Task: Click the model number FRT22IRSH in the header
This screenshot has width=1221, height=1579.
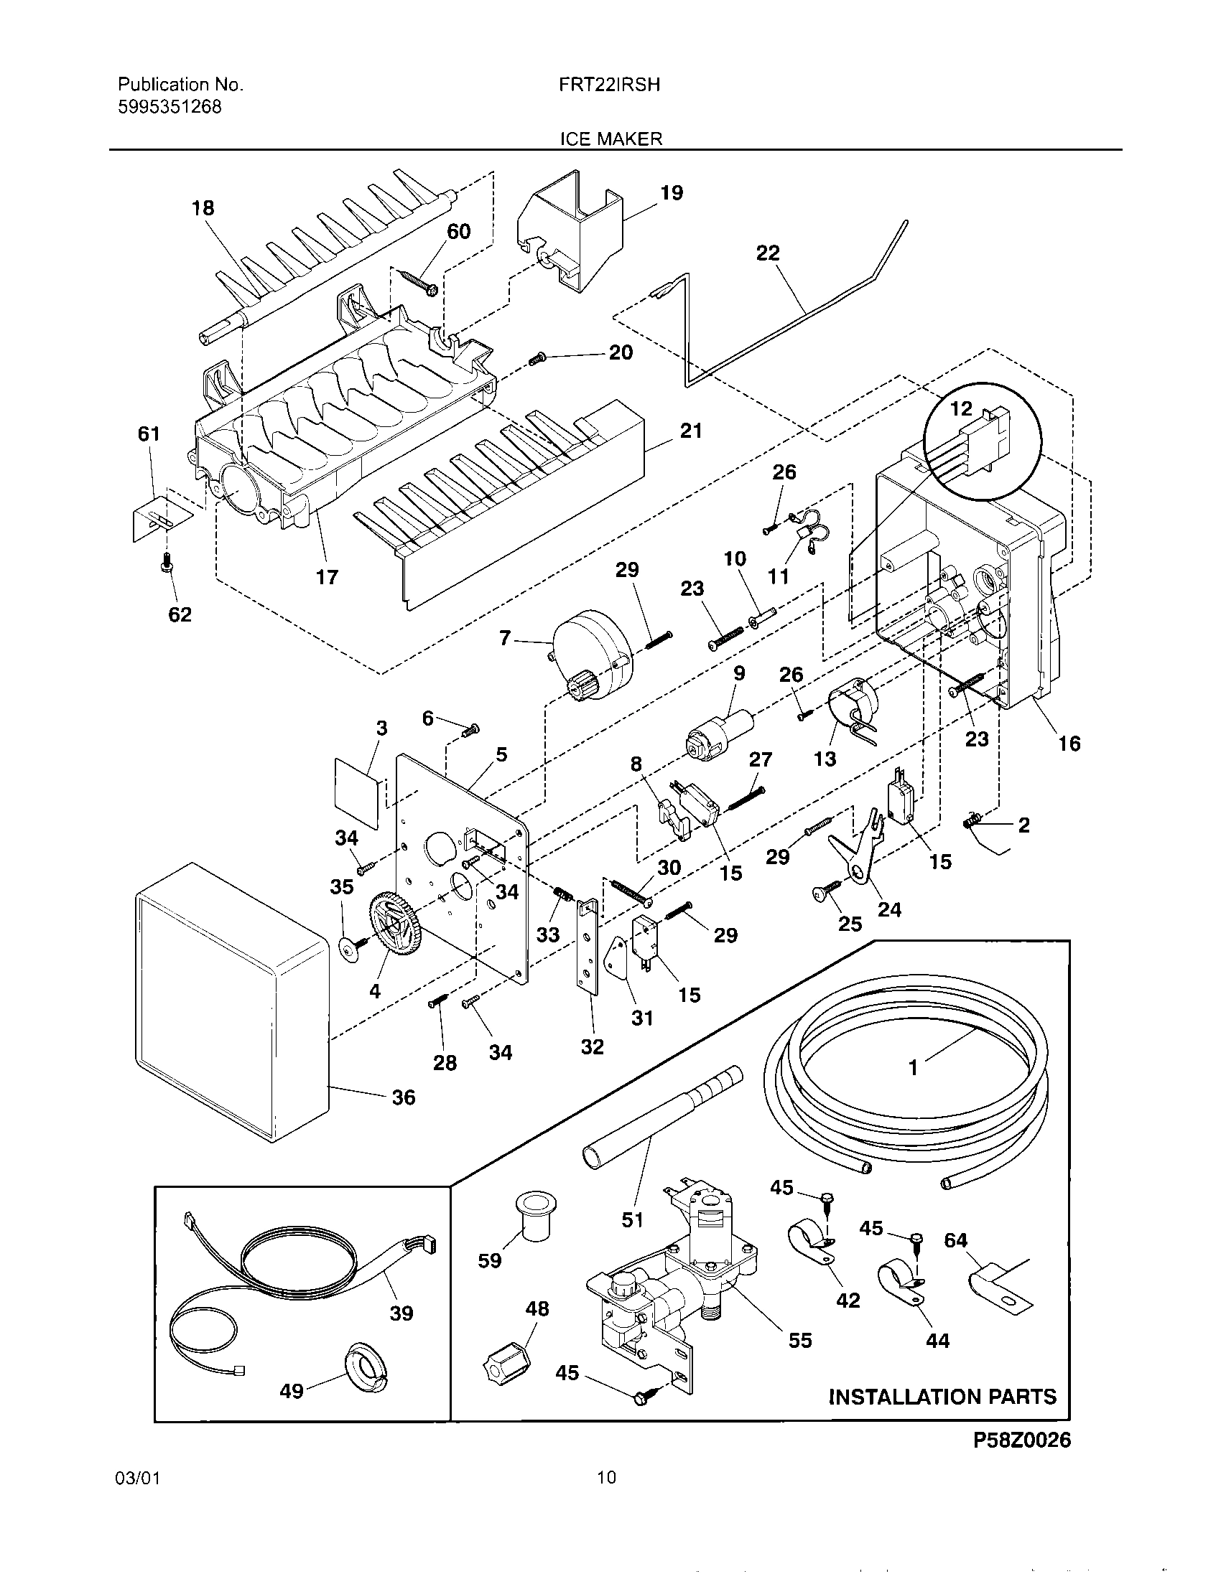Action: tap(609, 85)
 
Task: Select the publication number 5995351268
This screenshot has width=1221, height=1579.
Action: tap(170, 107)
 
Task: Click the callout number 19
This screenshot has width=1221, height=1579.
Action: tap(672, 193)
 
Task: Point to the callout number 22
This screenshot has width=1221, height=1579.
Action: tap(768, 253)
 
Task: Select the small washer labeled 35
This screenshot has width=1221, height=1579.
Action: tap(349, 947)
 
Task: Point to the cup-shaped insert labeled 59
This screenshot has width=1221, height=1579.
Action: tap(533, 1217)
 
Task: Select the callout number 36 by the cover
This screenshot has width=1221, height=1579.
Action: tap(403, 1097)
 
